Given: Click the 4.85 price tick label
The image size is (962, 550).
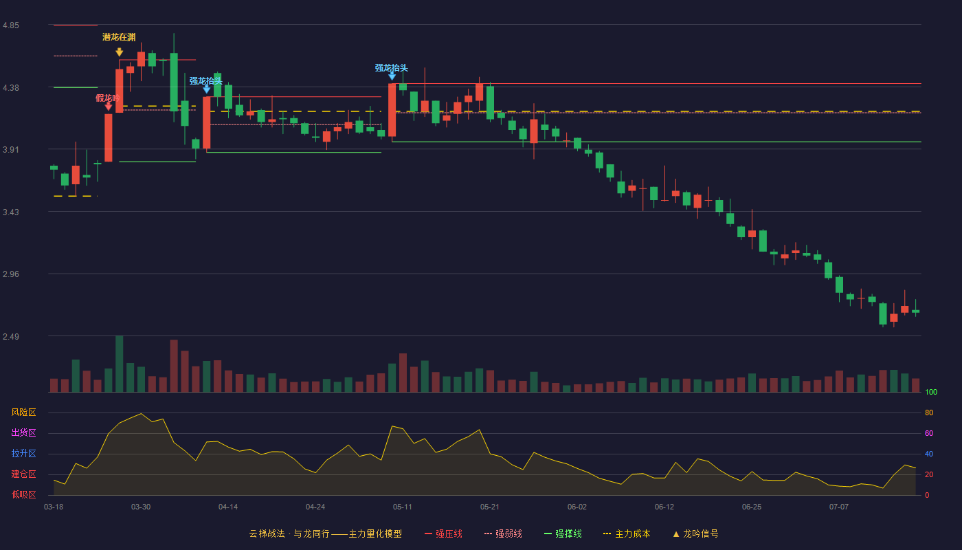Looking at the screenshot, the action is coord(11,25).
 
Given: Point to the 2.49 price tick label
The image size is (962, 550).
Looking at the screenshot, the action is coord(11,336).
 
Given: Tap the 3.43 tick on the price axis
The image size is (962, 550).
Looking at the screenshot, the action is coord(11,212).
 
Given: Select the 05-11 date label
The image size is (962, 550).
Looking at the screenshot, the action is coord(403,507).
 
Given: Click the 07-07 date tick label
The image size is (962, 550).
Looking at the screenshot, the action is coord(839,507).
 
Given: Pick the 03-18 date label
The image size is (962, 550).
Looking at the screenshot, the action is coord(54,507).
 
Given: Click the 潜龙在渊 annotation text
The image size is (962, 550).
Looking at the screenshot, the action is coord(119,37).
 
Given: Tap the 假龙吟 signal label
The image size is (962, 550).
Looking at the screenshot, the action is coord(107,98).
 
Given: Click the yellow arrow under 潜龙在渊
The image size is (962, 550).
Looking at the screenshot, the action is coord(120,52).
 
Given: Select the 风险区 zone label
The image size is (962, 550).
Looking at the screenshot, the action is coord(23,412).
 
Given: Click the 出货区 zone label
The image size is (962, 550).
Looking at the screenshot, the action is coord(23,432).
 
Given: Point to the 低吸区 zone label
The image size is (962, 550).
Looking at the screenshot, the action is coord(23,494).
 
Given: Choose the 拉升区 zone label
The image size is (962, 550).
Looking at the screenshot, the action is coord(23,453).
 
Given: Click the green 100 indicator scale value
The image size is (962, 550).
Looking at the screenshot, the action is coord(931,392).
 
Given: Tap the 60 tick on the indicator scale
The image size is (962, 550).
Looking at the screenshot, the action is coord(929,433).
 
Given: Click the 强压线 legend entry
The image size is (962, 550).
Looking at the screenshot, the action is coord(443,534).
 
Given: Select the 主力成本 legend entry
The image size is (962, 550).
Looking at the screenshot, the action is coord(627,534).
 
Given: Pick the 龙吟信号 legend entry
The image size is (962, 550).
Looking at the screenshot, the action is coord(695,534).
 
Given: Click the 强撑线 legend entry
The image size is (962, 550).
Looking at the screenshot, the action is coord(563,534).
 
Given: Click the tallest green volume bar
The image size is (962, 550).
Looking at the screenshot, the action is coord(120,364).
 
